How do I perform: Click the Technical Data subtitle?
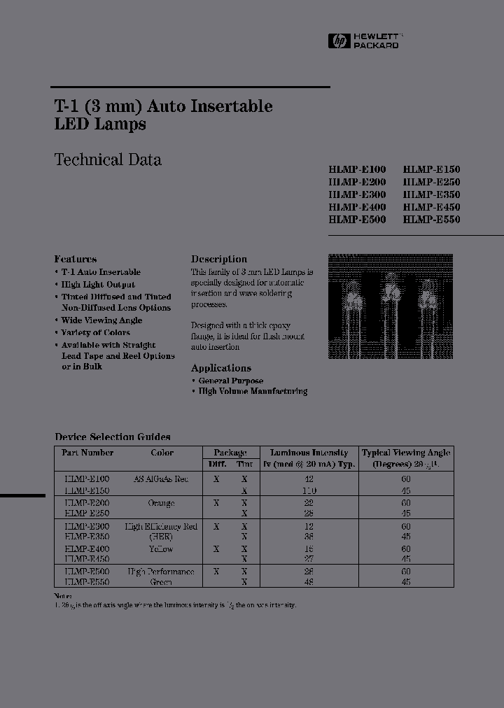[x=108, y=160]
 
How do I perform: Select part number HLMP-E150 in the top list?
[x=431, y=169]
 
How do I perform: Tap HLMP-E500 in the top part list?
[x=357, y=220]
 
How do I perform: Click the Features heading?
[x=76, y=259]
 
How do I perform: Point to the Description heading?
[x=219, y=259]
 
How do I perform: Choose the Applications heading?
[x=221, y=368]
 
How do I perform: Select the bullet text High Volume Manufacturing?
[x=253, y=392]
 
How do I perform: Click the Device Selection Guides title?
[x=113, y=437]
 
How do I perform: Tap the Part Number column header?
[x=87, y=453]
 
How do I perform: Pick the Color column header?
[x=162, y=453]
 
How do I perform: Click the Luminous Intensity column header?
[x=309, y=453]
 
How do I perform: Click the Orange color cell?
[x=162, y=503]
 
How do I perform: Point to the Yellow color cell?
[x=162, y=549]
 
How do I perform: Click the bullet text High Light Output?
[x=98, y=285]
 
